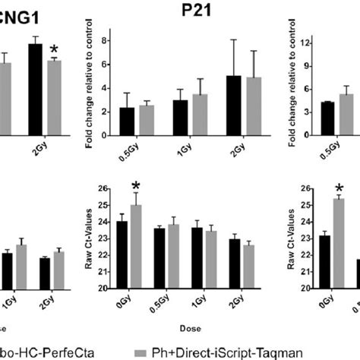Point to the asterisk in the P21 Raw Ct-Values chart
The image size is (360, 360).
coord(137,186)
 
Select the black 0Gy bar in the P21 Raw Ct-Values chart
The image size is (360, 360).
coord(122,255)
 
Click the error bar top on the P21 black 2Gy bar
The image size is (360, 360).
coord(234,39)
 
